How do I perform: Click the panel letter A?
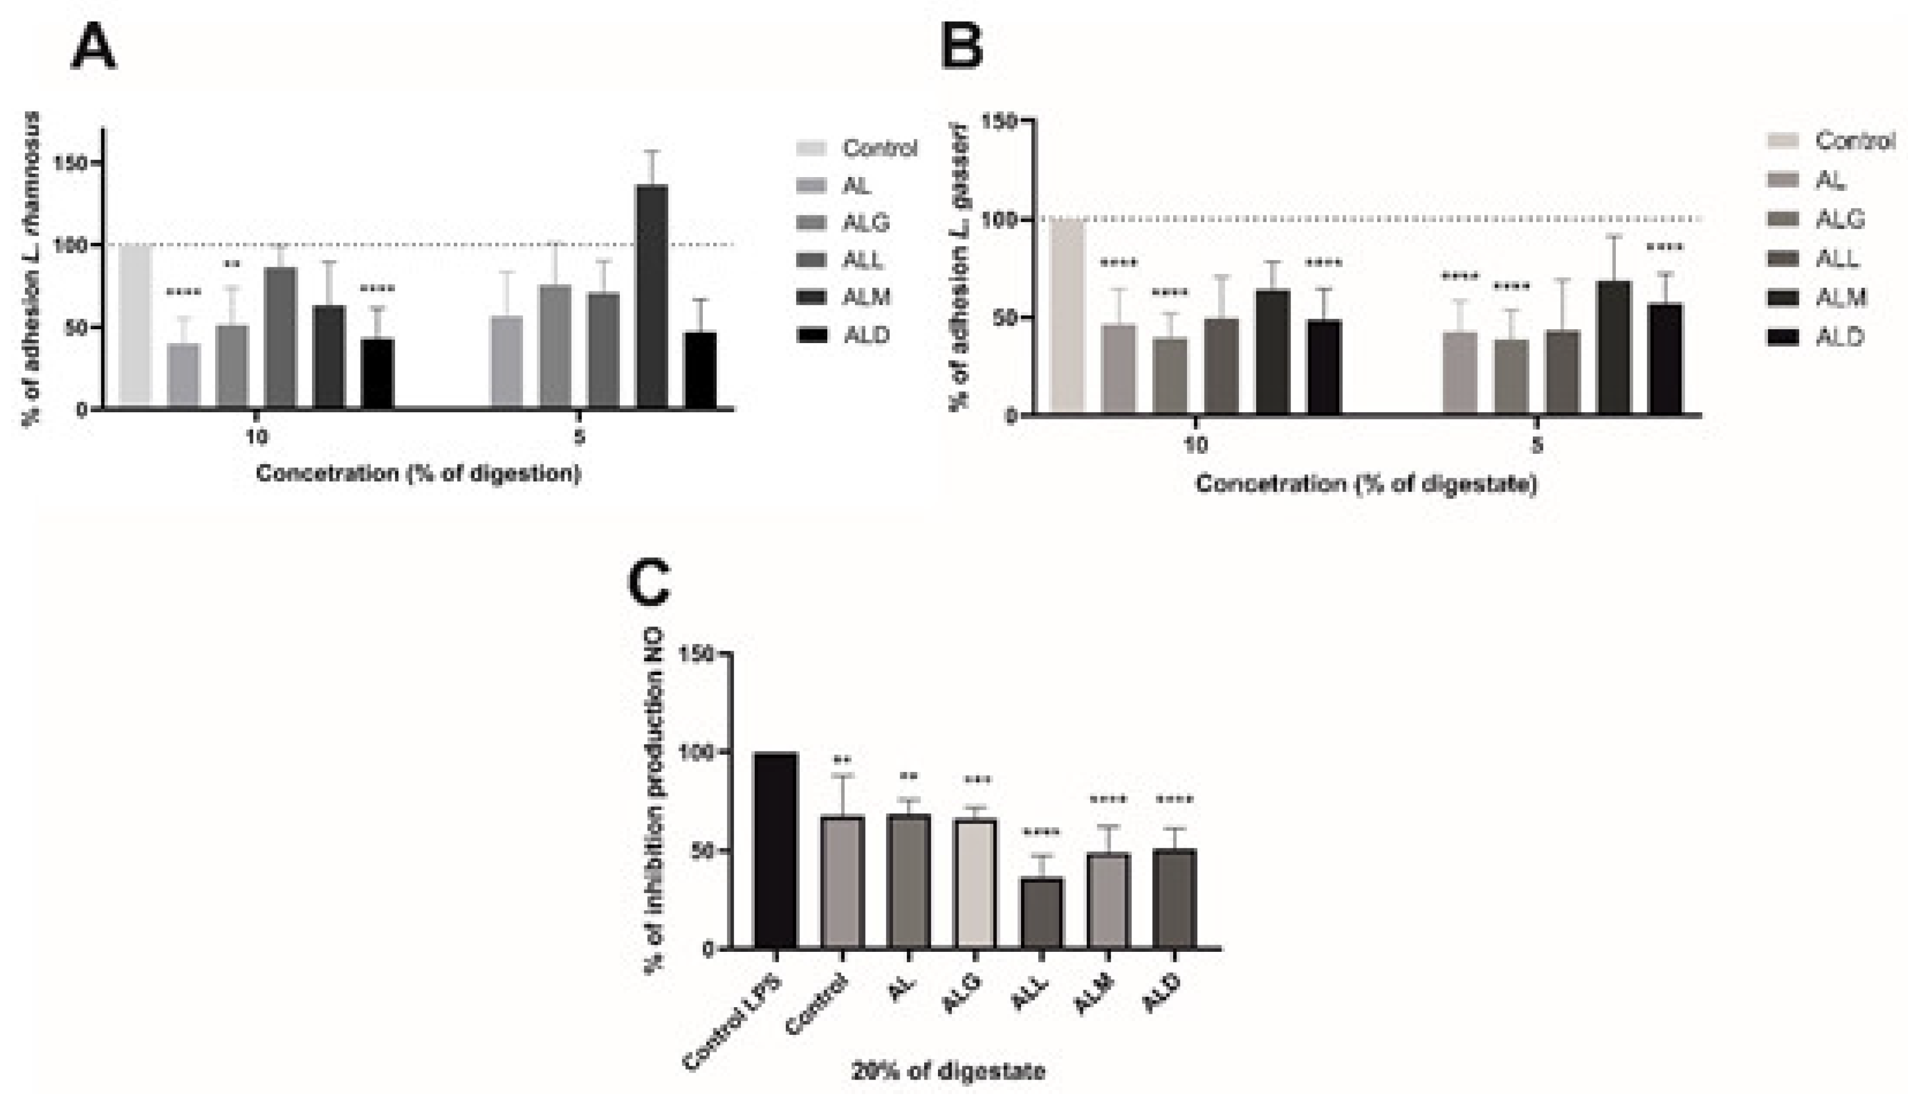pos(94,48)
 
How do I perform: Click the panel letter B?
pos(962,47)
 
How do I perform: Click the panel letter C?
pos(649,583)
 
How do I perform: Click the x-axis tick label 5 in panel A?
pos(579,437)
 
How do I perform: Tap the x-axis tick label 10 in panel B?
pos(1195,444)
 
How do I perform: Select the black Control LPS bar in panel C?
pos(776,850)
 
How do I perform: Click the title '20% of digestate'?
pos(948,1070)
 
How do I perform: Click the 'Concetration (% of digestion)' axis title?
pos(418,473)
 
